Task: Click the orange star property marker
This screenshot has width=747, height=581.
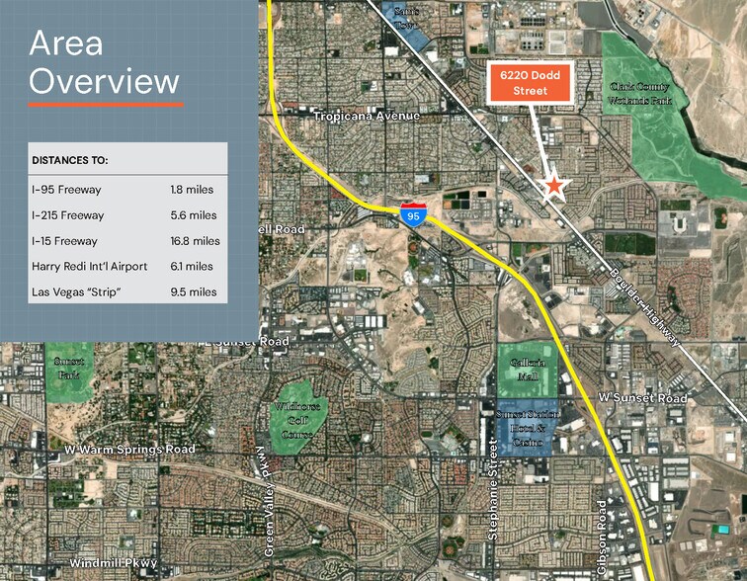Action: point(555,185)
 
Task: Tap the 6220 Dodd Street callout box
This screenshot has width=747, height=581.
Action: point(531,81)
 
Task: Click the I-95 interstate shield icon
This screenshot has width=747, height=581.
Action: point(413,214)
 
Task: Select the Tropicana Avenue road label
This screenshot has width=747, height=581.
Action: point(367,117)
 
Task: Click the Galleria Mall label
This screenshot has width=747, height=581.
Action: point(527,370)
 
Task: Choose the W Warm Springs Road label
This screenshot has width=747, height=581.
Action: point(129,449)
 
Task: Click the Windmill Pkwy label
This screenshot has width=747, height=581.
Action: point(113,562)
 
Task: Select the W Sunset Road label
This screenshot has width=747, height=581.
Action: point(642,397)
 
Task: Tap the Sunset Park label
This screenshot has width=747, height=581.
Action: point(68,369)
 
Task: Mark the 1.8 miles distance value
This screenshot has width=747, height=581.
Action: point(192,189)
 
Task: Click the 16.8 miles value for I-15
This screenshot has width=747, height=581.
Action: point(195,240)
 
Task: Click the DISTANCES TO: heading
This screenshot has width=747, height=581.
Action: point(70,160)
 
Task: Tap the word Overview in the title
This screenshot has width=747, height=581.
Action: point(104,81)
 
